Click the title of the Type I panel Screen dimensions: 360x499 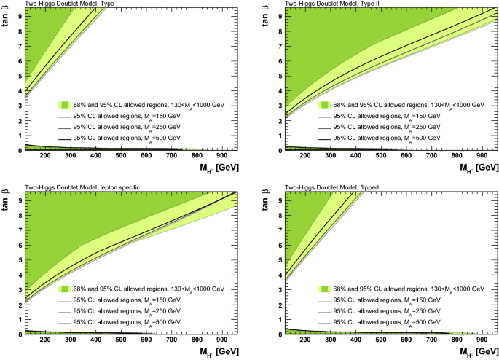(63, 4)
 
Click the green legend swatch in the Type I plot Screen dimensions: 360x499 (66, 105)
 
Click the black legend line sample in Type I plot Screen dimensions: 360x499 (66, 138)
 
